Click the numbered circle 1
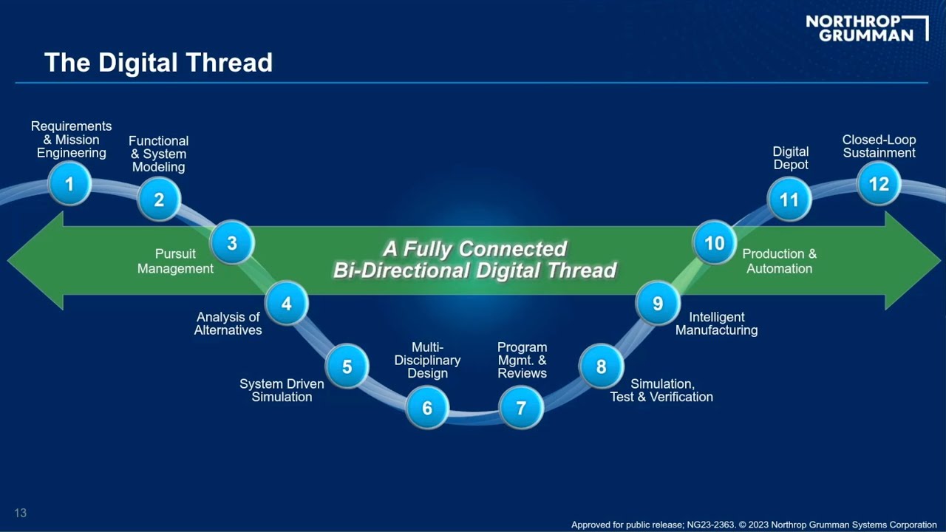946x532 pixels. pyautogui.click(x=69, y=183)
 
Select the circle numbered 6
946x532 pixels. pyautogui.click(x=427, y=407)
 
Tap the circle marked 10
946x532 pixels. pyautogui.click(x=714, y=243)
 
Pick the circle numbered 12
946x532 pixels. pyautogui.click(x=879, y=183)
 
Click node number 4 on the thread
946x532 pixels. pyautogui.click(x=286, y=304)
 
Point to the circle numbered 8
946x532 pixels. pyautogui.click(x=601, y=366)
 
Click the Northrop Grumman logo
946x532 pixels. pyautogui.click(x=866, y=28)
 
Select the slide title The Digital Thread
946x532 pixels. pyautogui.click(x=158, y=63)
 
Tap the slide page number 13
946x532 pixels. pyautogui.click(x=20, y=513)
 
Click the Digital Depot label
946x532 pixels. pyautogui.click(x=791, y=158)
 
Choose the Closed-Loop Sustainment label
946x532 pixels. pyautogui.click(x=879, y=146)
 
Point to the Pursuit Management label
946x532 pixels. pyautogui.click(x=175, y=262)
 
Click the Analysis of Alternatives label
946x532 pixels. pyautogui.click(x=228, y=324)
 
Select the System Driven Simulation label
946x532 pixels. pyautogui.click(x=282, y=391)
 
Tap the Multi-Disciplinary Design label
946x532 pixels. pyautogui.click(x=427, y=360)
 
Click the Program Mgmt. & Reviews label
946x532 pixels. pyautogui.click(x=522, y=360)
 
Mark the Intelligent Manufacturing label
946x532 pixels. pyautogui.click(x=716, y=324)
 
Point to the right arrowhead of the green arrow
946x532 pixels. pyautogui.click(x=912, y=260)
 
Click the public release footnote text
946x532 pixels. pyautogui.click(x=754, y=525)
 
